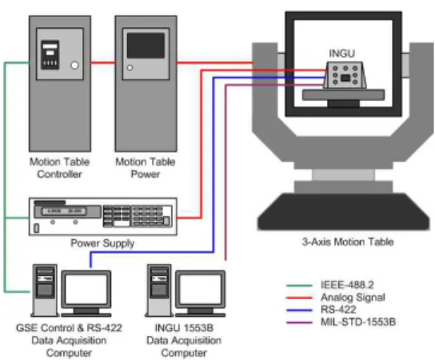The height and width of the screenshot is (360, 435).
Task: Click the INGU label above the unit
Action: coord(341,54)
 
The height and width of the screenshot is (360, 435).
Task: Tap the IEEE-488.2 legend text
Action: coord(347,285)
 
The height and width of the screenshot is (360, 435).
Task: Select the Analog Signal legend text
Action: coord(353,298)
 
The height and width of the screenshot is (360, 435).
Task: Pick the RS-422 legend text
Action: coord(338,310)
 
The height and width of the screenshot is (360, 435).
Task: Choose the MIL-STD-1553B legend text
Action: coord(358,322)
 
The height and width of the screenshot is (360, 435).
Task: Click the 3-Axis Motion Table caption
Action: coord(348,242)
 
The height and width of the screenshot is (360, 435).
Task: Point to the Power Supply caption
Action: coord(102,243)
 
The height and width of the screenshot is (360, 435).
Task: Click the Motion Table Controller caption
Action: coord(59,168)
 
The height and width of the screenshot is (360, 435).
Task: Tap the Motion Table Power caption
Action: coord(146,168)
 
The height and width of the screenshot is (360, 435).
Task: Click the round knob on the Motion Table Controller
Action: coord(74,66)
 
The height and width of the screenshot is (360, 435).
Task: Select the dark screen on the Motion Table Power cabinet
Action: coord(146,46)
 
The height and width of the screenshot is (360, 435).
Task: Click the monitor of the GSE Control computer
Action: coord(86,290)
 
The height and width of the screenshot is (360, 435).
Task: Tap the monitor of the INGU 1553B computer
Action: coord(200,290)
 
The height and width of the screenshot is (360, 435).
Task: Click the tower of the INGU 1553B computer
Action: coord(159,290)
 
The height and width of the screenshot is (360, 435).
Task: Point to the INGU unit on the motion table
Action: coord(345,75)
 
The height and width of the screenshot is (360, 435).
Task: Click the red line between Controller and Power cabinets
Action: coord(103,62)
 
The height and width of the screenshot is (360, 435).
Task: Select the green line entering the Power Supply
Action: coord(17,218)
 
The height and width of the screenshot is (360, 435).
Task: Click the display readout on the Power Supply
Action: coord(64,211)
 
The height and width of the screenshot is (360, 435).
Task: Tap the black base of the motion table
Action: coord(344,212)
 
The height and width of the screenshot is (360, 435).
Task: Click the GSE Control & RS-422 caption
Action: coord(69,328)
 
